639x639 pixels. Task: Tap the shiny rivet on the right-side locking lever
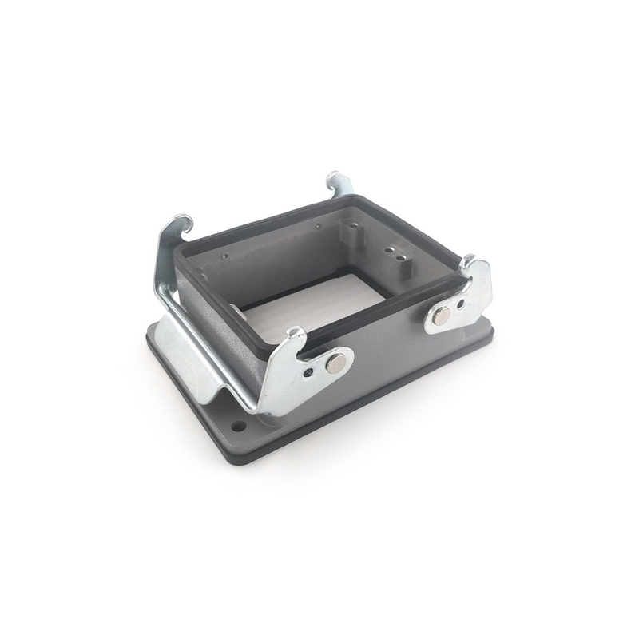coord(440,317)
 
